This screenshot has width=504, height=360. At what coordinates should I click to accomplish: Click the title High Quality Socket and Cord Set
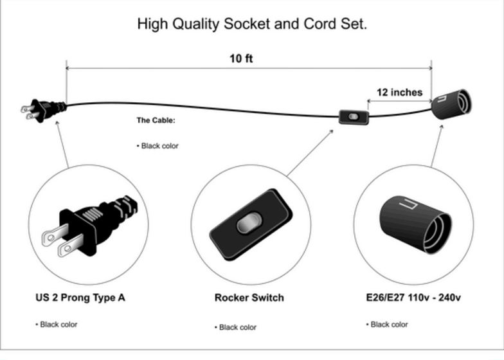[x=252, y=24]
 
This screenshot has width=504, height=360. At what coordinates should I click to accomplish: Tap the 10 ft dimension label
[x=241, y=59]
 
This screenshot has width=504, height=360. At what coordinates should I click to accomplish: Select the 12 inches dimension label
[x=399, y=93]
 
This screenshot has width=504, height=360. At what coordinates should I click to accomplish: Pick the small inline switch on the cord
[x=354, y=117]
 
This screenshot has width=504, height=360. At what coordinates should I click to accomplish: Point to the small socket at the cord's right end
[x=452, y=104]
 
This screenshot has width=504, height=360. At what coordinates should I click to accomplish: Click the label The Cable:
[x=156, y=120]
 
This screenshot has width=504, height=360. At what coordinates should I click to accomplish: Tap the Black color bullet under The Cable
[x=158, y=146]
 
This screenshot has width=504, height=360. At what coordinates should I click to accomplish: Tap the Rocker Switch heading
[x=249, y=298]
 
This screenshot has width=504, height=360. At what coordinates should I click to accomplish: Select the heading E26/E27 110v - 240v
[x=413, y=298]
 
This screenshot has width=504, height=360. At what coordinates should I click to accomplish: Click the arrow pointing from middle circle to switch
[x=310, y=153]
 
